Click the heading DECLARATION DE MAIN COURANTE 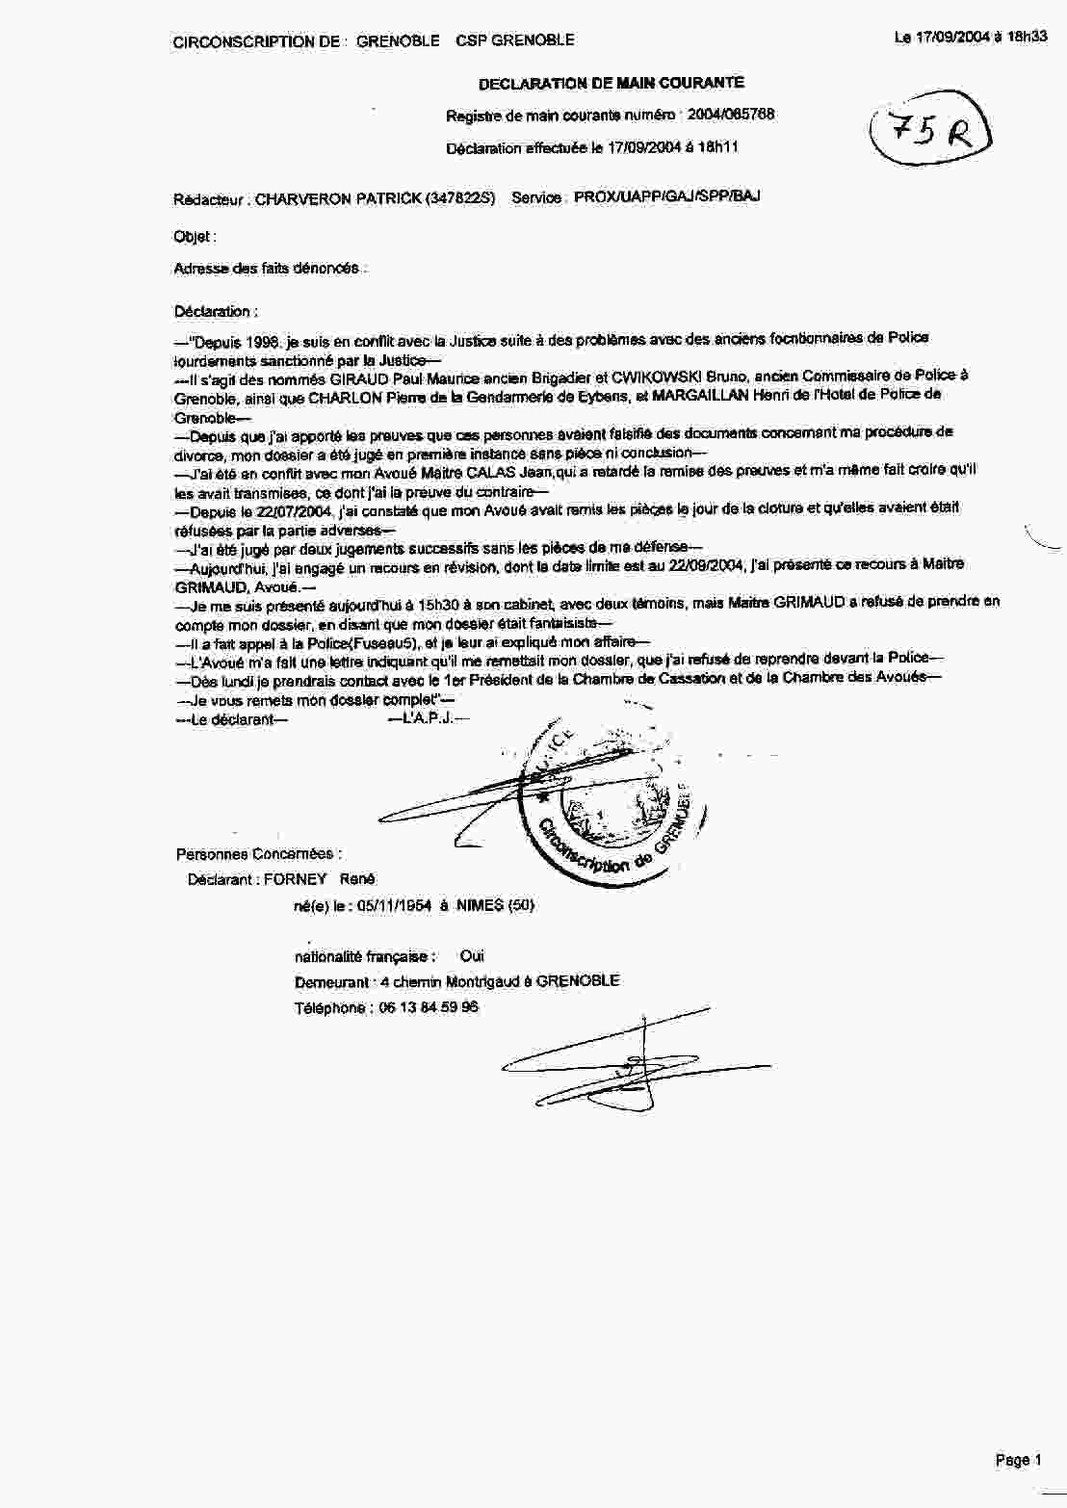point(611,84)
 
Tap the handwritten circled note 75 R point(928,134)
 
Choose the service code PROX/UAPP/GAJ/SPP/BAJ point(667,197)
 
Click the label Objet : point(195,237)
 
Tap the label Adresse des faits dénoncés point(269,269)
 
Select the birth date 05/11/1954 point(394,905)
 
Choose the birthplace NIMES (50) point(495,905)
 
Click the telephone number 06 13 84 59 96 point(429,1008)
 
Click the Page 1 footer point(1018,1461)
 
